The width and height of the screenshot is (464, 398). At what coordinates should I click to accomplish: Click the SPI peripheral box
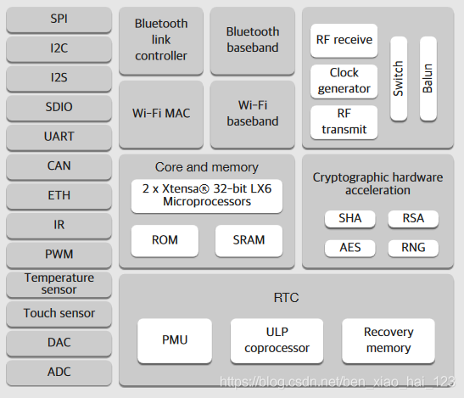59,20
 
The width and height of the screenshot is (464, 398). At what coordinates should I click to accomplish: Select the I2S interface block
59,78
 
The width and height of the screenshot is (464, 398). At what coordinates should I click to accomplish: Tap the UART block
59,137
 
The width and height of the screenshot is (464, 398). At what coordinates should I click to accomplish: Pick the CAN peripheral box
59,166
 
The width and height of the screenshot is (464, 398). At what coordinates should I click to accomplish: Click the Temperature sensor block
59,284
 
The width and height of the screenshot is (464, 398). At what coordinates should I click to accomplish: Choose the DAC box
59,343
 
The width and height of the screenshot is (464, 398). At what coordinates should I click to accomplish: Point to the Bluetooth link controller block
161,41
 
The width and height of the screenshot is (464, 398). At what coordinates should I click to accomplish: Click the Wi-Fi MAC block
161,114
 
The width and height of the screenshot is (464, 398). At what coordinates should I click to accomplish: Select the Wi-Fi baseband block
253,114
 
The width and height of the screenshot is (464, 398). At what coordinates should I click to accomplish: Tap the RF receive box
344,40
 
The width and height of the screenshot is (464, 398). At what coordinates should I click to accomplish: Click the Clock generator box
344,81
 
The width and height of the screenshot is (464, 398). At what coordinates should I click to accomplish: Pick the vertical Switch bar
399,78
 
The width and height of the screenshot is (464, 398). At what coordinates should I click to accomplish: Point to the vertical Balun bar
428,78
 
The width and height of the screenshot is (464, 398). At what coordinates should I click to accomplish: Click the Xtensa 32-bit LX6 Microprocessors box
207,196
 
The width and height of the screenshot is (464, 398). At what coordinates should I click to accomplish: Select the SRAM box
249,240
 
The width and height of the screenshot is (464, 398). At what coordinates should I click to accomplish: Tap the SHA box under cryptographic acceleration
349,219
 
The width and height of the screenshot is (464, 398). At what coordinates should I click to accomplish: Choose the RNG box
413,248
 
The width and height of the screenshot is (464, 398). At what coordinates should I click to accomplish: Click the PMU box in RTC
175,340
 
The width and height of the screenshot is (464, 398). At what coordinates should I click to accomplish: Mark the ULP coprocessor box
277,340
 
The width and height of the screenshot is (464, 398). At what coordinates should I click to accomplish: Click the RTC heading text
286,298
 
